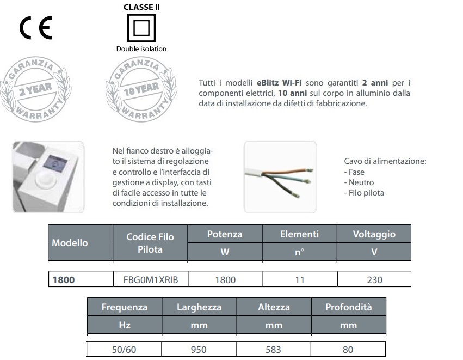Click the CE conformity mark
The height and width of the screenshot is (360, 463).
(x=36, y=28)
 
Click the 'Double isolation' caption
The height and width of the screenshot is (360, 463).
(x=141, y=49)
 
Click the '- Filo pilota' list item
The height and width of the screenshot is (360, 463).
(x=364, y=193)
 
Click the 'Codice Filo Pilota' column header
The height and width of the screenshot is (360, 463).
(x=150, y=243)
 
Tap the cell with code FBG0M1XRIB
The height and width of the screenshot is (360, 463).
(x=150, y=280)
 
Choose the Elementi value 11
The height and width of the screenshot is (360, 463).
(x=299, y=280)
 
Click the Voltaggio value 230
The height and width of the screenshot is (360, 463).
(x=374, y=280)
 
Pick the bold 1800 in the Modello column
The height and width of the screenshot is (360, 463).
(x=63, y=280)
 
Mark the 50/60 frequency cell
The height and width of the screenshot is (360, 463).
(x=125, y=349)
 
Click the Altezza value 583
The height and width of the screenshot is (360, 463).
(x=274, y=349)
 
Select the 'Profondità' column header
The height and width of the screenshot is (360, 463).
(x=348, y=307)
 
